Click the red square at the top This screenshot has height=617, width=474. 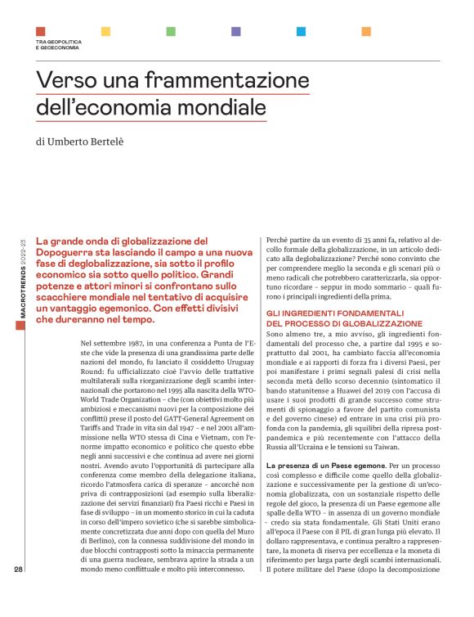[40, 31]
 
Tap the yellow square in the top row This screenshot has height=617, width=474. [105, 31]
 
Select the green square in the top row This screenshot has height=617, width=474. [171, 31]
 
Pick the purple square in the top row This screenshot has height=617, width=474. [235, 31]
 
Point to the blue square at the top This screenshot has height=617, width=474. [301, 31]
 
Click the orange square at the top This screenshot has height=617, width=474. [366, 31]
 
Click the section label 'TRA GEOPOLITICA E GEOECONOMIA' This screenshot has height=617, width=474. [57, 45]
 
